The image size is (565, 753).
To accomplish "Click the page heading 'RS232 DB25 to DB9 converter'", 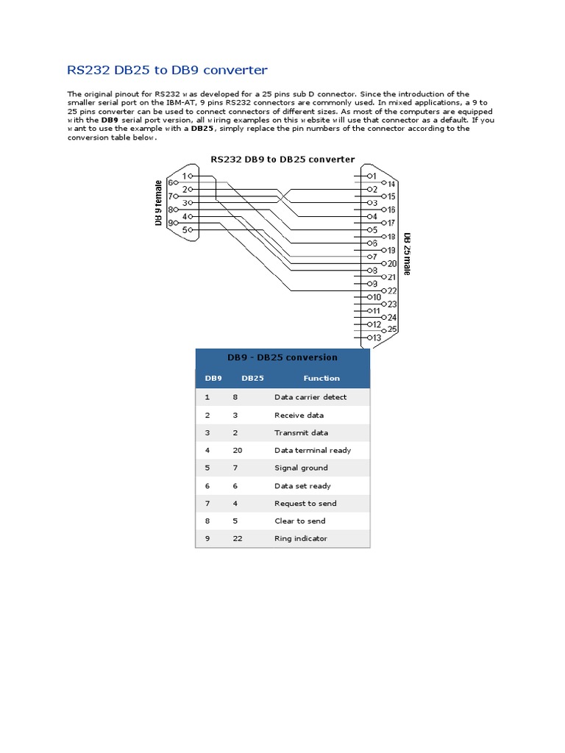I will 167,71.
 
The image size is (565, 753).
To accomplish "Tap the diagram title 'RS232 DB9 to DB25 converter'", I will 282,159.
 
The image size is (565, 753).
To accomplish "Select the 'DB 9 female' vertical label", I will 158,202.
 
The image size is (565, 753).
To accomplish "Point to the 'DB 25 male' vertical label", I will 407,254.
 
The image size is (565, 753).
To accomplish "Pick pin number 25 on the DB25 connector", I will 392,329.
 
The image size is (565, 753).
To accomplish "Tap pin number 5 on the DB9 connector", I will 187,229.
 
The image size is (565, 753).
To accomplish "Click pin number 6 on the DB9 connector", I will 171,182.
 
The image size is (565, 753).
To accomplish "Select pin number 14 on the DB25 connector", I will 392,183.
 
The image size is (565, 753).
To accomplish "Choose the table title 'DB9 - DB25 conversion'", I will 282,357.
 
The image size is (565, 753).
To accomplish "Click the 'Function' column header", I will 321,378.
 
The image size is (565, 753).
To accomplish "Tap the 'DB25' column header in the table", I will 252,378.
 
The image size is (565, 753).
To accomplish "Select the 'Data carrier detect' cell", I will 310,397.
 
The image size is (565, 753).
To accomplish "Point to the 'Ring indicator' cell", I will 301,538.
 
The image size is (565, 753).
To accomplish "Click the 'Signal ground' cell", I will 301,468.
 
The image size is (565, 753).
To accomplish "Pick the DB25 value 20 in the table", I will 237,450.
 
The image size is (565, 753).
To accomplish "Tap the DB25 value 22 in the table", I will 237,538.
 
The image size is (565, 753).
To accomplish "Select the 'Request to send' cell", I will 305,503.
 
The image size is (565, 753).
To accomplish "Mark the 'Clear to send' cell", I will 299,521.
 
